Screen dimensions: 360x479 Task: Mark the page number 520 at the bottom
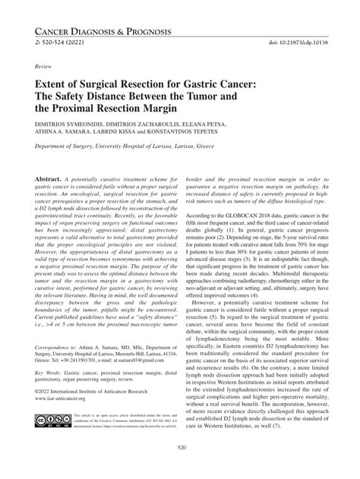coord(180,469)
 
